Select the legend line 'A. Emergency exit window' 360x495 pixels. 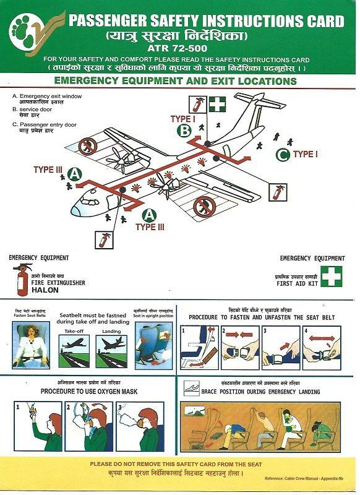click(46, 97)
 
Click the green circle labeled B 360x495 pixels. click(184, 130)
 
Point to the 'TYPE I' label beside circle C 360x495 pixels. click(305, 154)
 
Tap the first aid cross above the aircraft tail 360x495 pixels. click(217, 104)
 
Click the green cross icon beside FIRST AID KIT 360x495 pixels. click(331, 276)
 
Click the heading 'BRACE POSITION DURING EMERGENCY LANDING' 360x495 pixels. click(260, 392)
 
